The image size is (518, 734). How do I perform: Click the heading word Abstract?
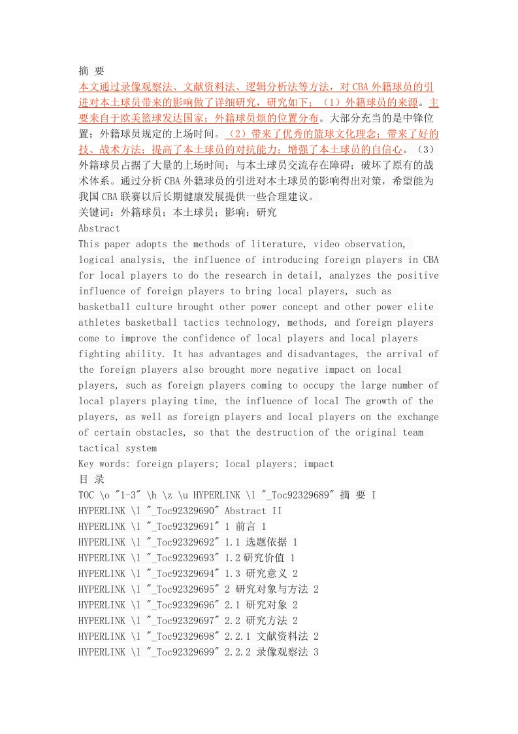[x=99, y=228]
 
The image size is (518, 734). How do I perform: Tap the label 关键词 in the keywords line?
[x=94, y=213]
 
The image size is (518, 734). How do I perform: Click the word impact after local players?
[x=318, y=464]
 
